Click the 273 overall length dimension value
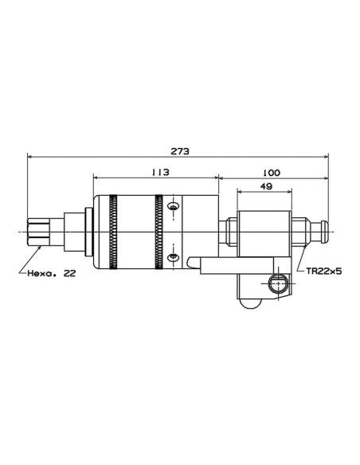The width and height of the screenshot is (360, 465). point(180,151)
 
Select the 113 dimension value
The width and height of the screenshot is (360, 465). point(160,172)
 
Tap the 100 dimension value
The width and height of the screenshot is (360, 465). point(271,173)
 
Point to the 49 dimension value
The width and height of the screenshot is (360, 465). point(266,186)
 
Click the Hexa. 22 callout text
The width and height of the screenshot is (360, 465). point(52,273)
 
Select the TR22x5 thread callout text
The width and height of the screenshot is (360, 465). point(324,271)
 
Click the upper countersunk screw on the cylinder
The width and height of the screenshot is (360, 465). point(173,205)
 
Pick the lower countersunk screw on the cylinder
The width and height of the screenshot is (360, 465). point(173,257)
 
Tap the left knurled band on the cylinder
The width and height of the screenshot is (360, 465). point(113,232)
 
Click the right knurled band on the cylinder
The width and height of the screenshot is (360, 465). point(158,232)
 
